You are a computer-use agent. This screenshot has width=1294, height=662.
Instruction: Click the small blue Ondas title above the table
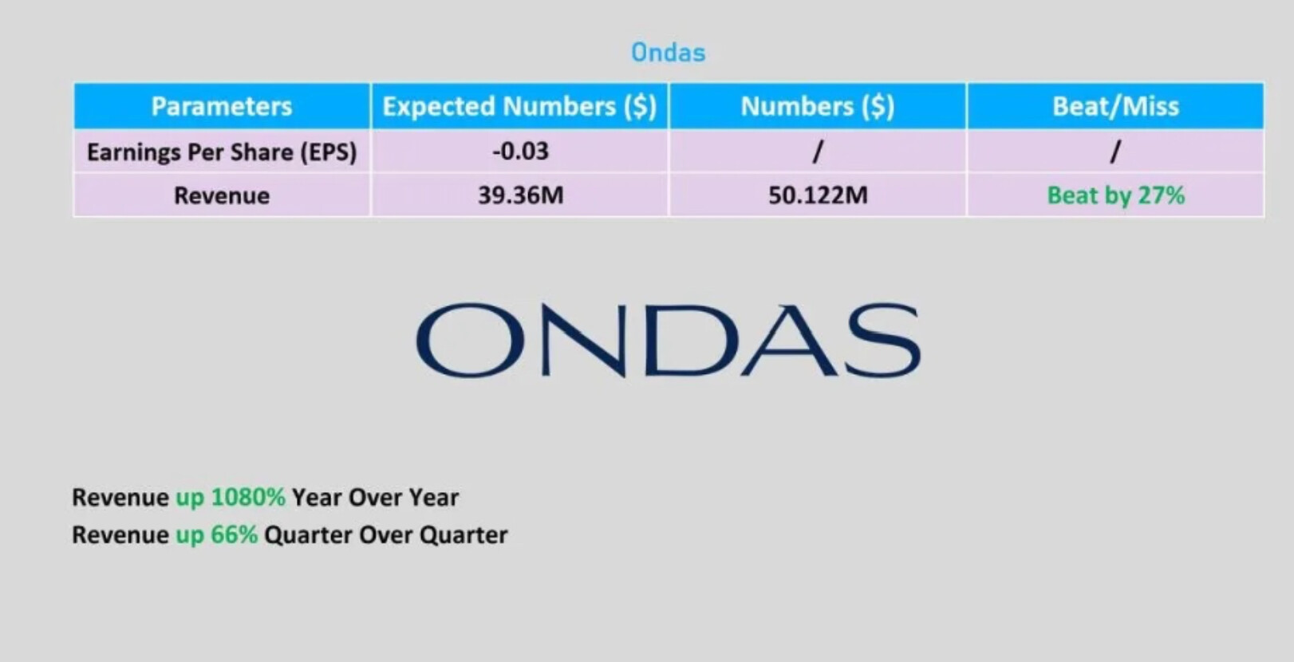pos(669,53)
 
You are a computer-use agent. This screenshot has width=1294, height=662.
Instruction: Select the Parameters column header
pos(222,106)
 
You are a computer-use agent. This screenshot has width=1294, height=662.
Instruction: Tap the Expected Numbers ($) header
pos(520,106)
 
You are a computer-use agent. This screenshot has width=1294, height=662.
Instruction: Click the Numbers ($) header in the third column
pos(818,106)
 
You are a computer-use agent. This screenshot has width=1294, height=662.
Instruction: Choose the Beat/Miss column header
pos(1115,106)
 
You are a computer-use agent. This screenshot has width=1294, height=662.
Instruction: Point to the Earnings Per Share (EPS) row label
pos(222,152)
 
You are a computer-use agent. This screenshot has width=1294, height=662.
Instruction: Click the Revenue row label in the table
pos(222,195)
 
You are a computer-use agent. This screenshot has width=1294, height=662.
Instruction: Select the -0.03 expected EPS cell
pos(520,151)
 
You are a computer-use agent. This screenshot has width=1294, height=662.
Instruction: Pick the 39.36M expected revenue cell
pos(520,195)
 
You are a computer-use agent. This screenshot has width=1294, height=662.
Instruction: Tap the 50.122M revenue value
pos(818,195)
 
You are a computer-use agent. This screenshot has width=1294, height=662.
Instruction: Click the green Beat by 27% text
pos(1116,195)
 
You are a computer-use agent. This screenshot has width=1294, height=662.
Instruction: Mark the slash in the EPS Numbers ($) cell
pos(818,152)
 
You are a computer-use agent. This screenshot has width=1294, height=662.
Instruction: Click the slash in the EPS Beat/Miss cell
pos(1115,152)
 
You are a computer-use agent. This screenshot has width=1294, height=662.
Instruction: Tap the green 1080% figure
pos(248,497)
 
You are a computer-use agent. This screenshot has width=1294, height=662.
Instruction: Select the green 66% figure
pos(234,534)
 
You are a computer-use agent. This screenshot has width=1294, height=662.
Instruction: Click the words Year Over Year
pos(376,497)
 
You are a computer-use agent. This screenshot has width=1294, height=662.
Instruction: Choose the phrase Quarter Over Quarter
pos(386,535)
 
